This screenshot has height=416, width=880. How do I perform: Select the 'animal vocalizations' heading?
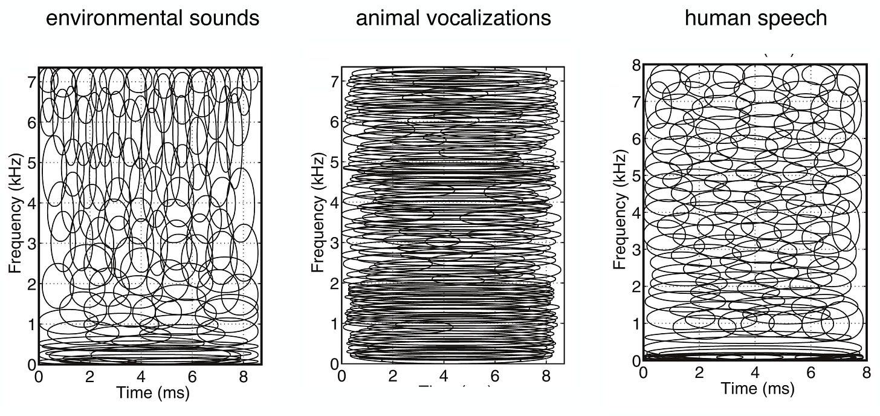pos(453,18)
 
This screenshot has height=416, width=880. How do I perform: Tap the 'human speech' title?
pos(755,18)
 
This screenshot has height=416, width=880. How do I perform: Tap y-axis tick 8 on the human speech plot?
pos(635,65)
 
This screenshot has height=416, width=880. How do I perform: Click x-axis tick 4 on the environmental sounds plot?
pos(141,377)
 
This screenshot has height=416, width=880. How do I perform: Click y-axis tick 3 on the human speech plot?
pos(635,249)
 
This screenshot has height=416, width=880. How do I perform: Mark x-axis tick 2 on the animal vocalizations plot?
pos(393,377)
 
